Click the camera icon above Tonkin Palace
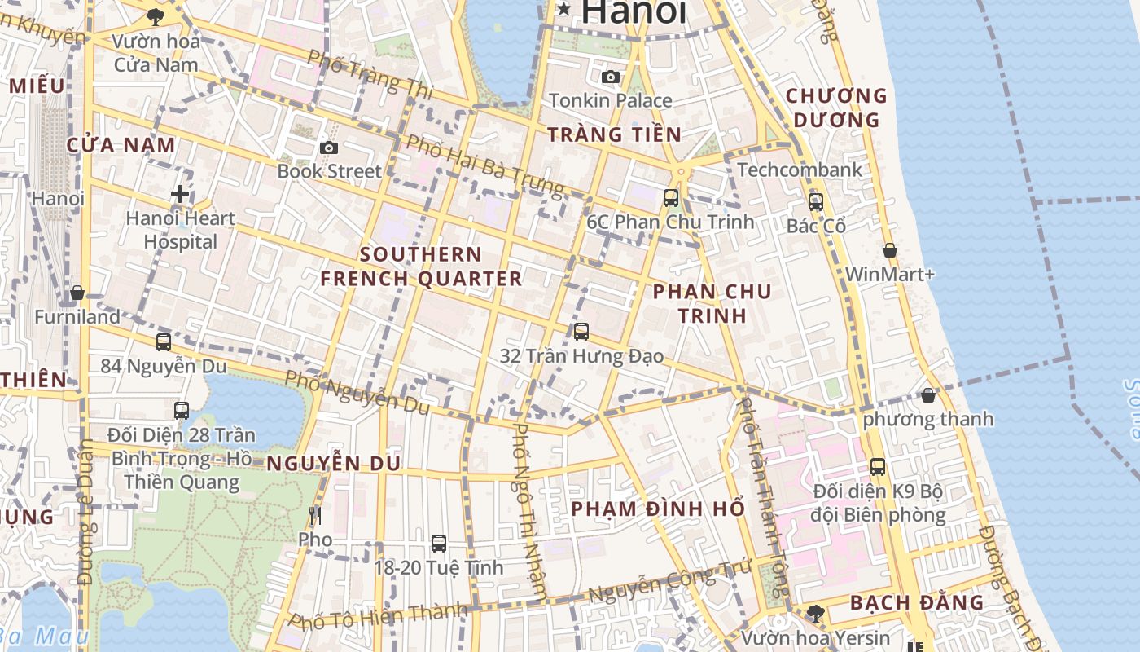tap(610, 77)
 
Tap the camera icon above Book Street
tap(329, 148)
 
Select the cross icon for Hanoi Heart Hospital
tap(180, 194)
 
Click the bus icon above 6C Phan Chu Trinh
tap(671, 197)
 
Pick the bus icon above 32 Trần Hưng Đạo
tap(581, 331)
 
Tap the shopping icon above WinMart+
tap(889, 250)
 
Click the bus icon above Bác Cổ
tap(815, 201)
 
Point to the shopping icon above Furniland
tap(77, 292)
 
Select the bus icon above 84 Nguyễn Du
tap(164, 341)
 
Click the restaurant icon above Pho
tap(315, 515)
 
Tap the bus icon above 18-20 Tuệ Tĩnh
tap(439, 543)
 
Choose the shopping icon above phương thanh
tap(928, 395)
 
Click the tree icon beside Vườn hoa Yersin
tap(816, 613)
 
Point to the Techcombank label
tap(799, 170)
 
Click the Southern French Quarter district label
tap(421, 267)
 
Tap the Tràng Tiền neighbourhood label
tap(614, 134)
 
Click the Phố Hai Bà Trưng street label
tap(484, 165)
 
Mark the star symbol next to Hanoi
tap(563, 9)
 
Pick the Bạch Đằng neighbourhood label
tap(916, 603)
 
